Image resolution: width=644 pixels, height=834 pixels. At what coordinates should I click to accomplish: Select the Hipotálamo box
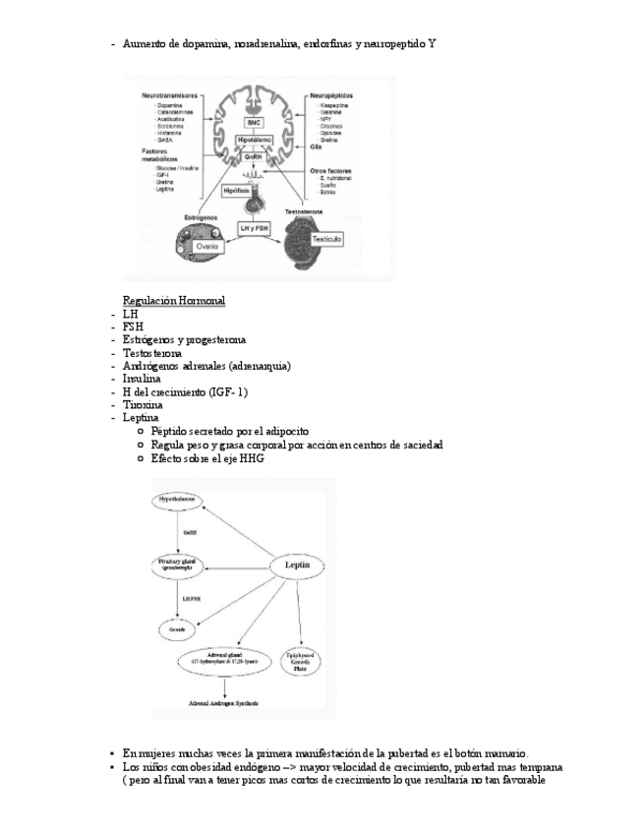pos(254,142)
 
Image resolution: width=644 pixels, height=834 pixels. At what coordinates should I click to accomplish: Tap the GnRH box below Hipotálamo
pos(254,157)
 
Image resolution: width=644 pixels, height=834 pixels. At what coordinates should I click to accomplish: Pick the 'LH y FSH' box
pos(253,228)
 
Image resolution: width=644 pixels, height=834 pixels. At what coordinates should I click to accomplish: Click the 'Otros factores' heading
pos(331,171)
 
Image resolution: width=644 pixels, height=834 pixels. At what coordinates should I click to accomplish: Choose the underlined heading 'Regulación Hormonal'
pos(173,300)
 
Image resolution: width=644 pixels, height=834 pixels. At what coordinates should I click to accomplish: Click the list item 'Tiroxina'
pos(143,404)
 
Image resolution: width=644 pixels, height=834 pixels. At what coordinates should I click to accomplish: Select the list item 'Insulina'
pos(142,378)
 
